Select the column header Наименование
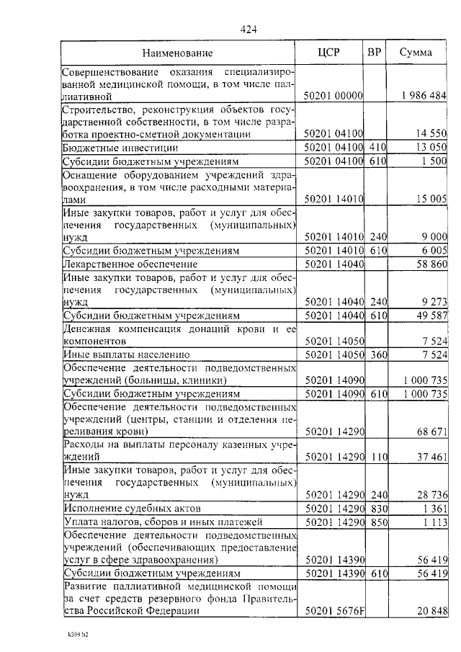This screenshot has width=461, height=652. pos(177,53)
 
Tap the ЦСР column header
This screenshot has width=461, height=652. pos(334,53)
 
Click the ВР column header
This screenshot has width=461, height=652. pos(375,53)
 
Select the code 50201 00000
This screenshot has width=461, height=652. pos(333,96)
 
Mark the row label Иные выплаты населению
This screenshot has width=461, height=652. pos(126,354)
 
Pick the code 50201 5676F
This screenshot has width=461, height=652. pos(335,612)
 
